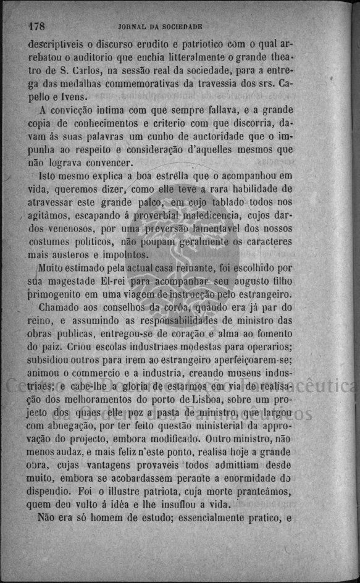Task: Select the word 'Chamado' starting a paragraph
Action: pyautogui.click(x=60, y=308)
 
